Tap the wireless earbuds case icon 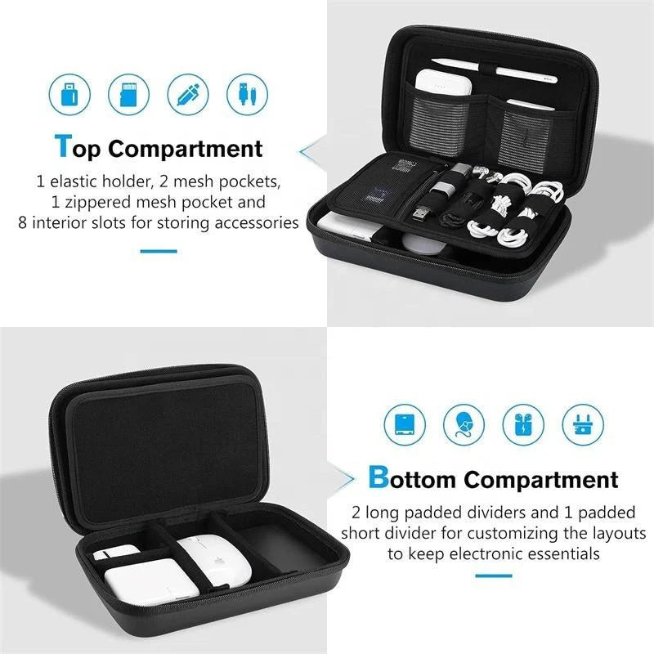click(523, 424)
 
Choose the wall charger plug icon click(583, 424)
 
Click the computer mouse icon click(464, 424)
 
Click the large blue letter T click(64, 146)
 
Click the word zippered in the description click(94, 201)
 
